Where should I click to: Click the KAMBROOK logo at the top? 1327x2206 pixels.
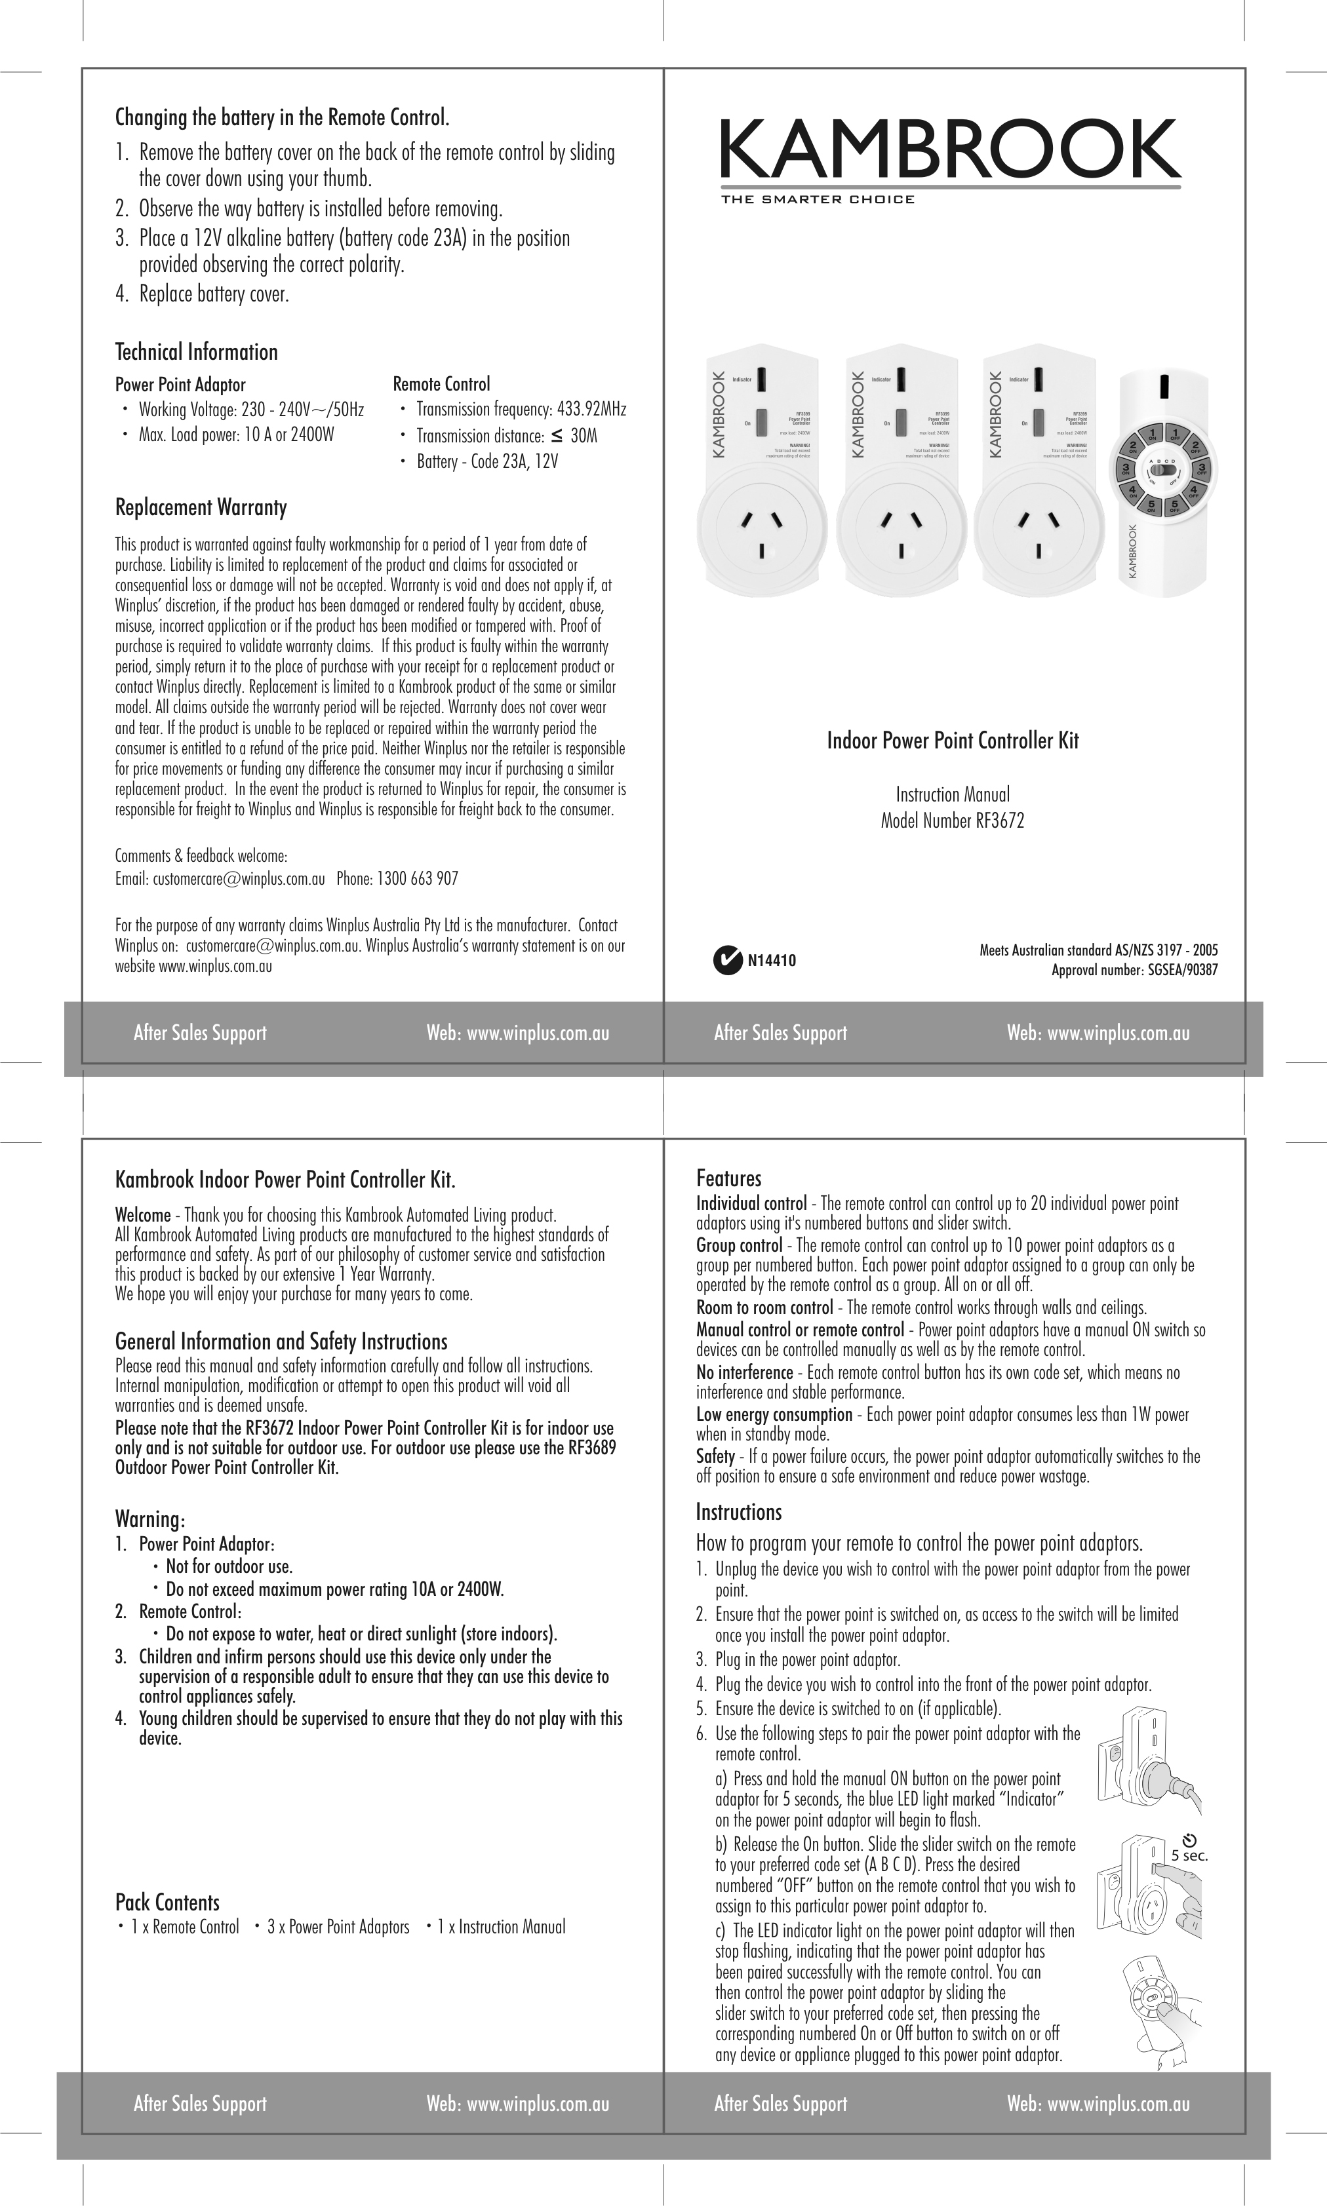949,150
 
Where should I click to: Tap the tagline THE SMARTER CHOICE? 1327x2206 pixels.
818,199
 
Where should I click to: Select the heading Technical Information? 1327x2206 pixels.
197,352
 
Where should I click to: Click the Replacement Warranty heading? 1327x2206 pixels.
201,508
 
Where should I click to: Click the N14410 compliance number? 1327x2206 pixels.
771,961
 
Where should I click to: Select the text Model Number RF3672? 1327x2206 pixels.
953,821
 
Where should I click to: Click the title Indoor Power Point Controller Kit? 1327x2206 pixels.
953,741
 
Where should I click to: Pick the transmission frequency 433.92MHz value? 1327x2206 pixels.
591,410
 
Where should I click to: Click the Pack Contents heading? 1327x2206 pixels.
167,1902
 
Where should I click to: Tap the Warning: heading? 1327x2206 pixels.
150,1520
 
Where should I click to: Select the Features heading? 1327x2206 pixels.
729,1178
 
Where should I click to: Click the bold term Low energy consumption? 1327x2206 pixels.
774,1415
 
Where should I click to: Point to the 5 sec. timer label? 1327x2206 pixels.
1189,1855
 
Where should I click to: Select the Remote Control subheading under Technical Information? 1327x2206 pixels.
442,384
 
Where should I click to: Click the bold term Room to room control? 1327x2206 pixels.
764,1307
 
